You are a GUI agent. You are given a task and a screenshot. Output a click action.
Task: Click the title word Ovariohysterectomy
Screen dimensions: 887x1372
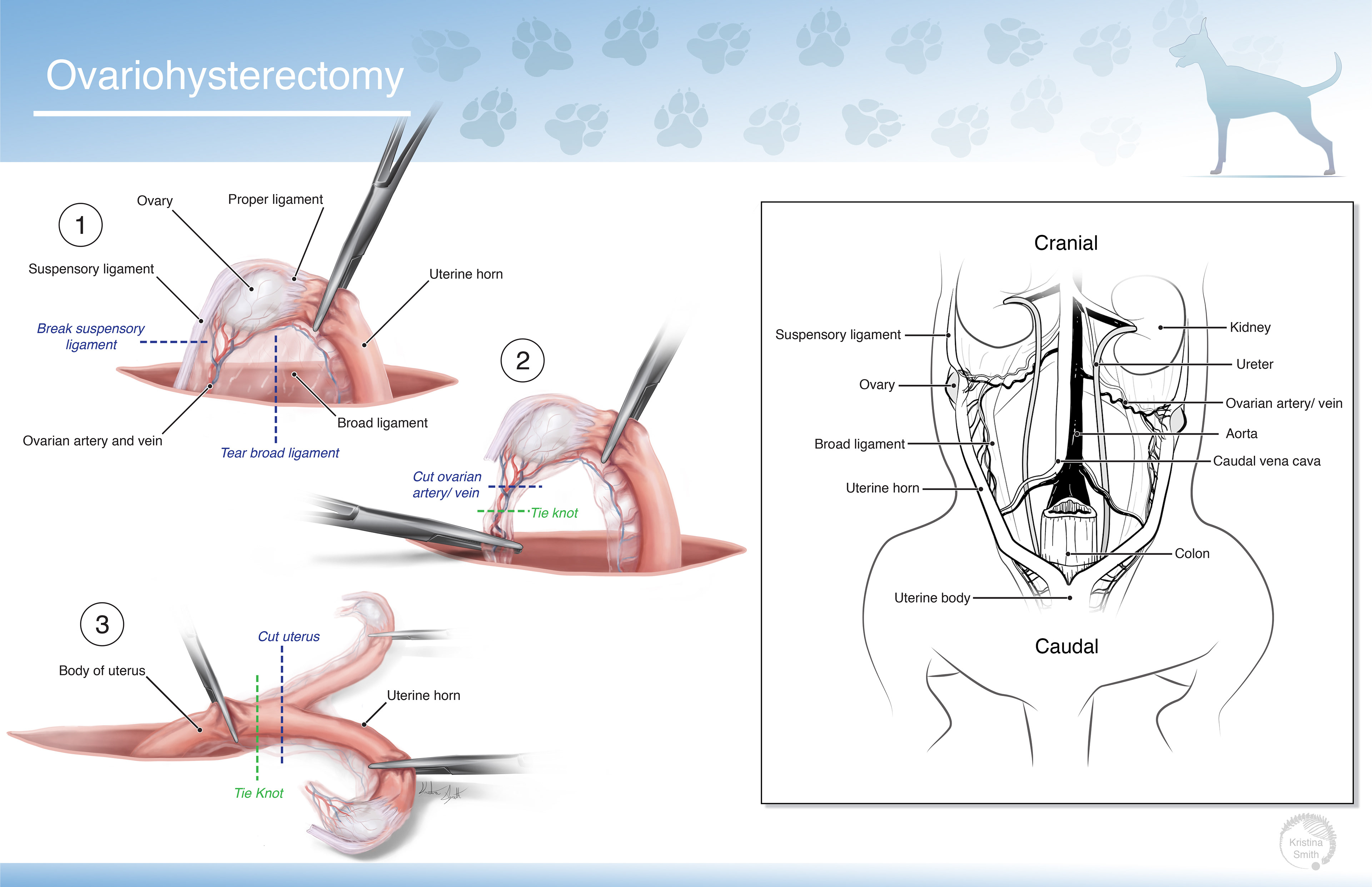click(x=224, y=76)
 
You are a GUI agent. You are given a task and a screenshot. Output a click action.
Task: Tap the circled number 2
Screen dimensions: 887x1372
click(x=522, y=361)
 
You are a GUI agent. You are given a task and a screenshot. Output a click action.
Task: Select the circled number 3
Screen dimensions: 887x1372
click(x=102, y=624)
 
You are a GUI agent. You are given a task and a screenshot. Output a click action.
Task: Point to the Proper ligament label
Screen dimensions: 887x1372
click(x=275, y=199)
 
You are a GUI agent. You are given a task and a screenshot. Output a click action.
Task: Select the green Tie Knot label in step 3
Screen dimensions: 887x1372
click(x=259, y=793)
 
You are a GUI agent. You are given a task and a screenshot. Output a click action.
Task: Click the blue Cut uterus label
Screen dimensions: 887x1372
click(x=288, y=636)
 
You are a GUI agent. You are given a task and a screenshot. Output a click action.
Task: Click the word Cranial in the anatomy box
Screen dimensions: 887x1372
click(x=1065, y=243)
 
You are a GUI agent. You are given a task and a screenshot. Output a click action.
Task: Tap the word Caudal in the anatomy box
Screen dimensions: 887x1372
click(x=1067, y=646)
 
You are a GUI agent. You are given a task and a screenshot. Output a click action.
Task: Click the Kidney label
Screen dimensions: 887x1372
click(x=1250, y=327)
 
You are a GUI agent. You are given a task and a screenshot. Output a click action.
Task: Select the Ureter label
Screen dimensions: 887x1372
click(x=1254, y=364)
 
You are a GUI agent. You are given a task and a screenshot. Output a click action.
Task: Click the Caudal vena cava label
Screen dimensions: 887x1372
click(x=1267, y=461)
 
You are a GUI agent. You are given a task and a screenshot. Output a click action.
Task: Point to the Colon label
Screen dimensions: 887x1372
click(x=1192, y=554)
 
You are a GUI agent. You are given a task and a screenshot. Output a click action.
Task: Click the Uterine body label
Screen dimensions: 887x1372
click(x=932, y=598)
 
